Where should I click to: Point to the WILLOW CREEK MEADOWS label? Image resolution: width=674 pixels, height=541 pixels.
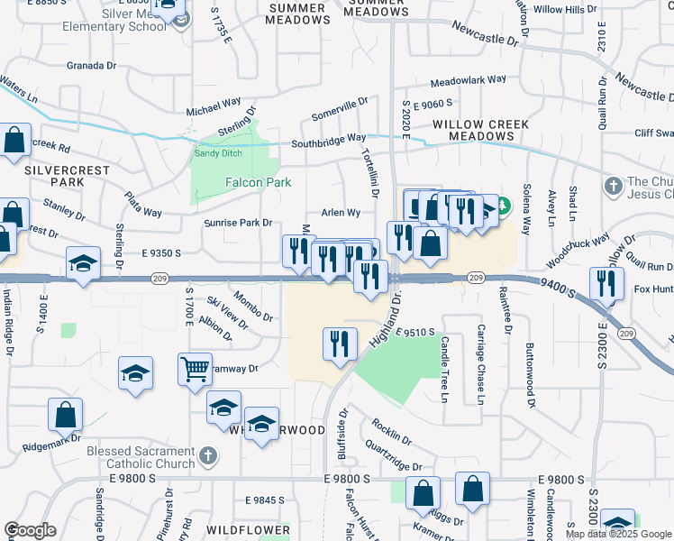473,130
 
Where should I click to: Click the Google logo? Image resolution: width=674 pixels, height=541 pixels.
30,531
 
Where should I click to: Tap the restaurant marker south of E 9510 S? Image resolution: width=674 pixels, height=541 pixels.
339,344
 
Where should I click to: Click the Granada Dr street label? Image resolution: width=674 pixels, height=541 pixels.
92,66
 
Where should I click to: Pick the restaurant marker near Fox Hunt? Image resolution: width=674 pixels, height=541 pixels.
606,283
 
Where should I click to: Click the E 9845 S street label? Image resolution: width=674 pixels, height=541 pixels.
265,500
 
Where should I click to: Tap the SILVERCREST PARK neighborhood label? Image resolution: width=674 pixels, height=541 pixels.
55,176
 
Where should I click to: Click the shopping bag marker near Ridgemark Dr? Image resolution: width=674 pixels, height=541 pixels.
66,416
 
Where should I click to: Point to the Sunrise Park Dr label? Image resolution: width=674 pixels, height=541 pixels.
238,223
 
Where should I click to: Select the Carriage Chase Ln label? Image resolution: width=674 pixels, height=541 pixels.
481,362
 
